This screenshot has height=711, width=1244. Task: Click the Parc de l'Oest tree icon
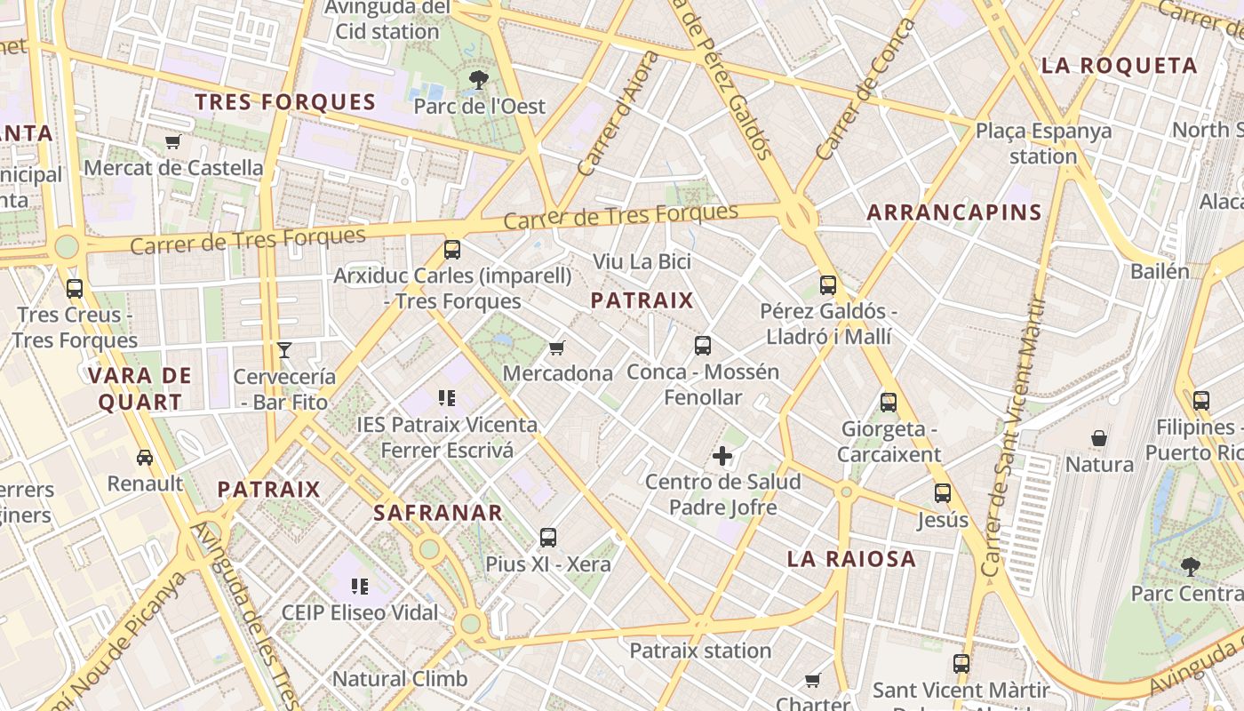[478, 80]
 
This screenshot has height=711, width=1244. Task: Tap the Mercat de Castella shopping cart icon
[173, 142]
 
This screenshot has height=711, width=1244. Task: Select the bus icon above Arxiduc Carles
[452, 250]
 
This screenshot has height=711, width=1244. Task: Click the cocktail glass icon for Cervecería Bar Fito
[284, 350]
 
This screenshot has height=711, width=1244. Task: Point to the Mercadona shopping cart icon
[557, 348]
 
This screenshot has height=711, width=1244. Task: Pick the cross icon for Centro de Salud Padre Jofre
[722, 457]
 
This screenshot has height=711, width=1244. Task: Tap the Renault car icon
[144, 458]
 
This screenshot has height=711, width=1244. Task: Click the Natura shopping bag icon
[1099, 438]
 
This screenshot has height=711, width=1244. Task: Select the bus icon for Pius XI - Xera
[548, 538]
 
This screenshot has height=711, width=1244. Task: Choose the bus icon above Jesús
[942, 492]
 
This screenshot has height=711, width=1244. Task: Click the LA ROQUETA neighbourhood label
[1120, 65]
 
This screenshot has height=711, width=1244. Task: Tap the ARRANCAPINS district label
[953, 212]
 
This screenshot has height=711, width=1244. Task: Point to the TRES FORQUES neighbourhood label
[286, 102]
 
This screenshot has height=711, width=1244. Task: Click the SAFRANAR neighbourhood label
[438, 513]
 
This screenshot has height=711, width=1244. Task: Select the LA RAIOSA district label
[851, 559]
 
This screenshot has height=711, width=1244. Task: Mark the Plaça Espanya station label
[1043, 143]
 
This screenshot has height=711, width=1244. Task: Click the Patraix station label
[700, 651]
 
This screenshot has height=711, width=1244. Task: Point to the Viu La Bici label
[642, 262]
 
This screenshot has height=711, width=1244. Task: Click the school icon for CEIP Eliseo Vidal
[360, 587]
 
